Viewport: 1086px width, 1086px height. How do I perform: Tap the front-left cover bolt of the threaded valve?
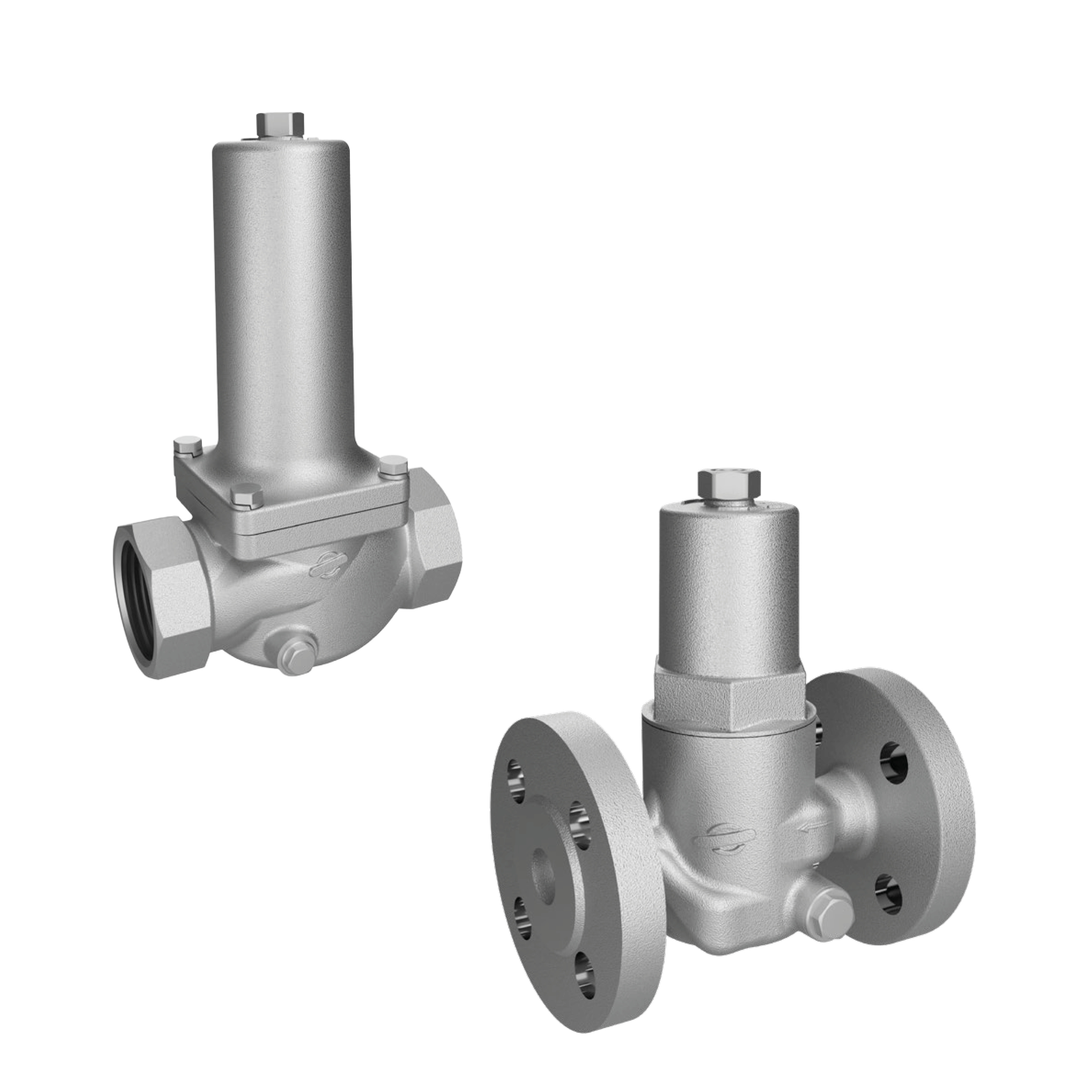[x=247, y=495]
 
